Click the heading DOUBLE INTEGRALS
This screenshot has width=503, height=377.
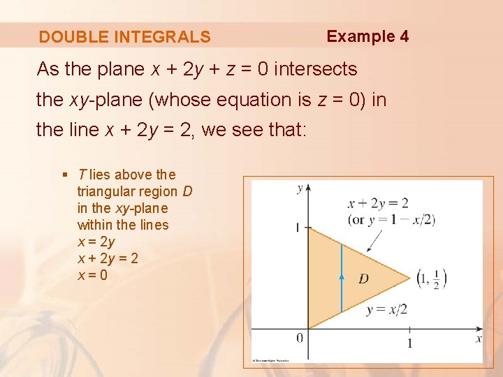124,37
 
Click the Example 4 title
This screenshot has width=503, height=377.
367,36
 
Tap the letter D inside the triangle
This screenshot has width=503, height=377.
364,279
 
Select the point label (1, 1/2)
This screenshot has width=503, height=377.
432,278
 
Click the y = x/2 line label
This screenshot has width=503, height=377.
386,309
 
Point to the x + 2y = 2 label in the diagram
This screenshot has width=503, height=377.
378,204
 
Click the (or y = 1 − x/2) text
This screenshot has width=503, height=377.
391,220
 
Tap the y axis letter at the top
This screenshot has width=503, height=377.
300,188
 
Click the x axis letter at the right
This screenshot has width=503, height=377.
479,339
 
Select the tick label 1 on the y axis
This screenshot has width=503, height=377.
297,228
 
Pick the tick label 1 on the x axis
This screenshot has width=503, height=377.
409,343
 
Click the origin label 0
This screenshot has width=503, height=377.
300,339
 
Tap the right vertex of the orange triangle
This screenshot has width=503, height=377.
409,278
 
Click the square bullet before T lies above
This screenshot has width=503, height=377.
65,175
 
